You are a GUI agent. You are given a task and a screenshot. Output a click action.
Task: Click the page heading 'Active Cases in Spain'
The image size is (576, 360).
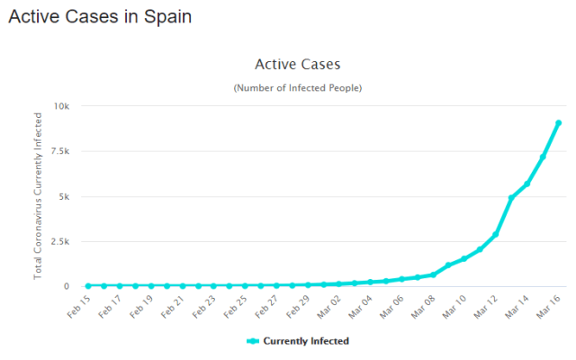coord(99,17)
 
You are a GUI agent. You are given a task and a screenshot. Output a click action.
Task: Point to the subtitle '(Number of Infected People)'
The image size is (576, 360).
coord(297,87)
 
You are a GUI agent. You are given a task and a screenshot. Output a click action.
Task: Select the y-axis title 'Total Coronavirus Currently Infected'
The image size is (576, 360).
coord(38,196)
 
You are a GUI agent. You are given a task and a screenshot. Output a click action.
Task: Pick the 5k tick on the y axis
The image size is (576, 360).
coord(65,196)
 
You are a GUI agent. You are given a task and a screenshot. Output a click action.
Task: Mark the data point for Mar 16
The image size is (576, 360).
coord(558,123)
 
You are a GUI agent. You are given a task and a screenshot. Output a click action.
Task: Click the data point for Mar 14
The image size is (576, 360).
coord(527,184)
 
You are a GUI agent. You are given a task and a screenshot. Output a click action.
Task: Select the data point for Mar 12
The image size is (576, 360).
coord(496,234)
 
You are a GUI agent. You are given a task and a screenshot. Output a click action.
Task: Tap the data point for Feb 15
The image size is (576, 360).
coord(88,285)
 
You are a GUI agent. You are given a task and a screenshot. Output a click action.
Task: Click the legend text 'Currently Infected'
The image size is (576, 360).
coord(305,341)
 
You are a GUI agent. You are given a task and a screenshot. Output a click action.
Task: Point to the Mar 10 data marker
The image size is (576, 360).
coord(464,258)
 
